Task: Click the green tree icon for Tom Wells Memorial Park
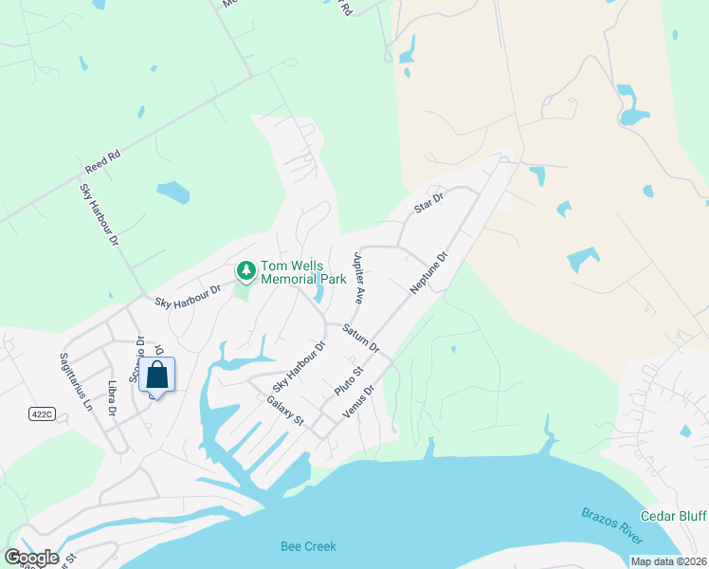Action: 246,272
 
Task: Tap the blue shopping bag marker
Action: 157,375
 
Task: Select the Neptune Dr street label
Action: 427,272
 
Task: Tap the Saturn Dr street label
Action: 360,339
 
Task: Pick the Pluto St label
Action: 349,382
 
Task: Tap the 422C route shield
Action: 41,414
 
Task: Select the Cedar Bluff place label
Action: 673,516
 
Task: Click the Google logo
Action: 31,557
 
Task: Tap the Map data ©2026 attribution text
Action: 668,561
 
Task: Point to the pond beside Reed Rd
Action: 173,193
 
